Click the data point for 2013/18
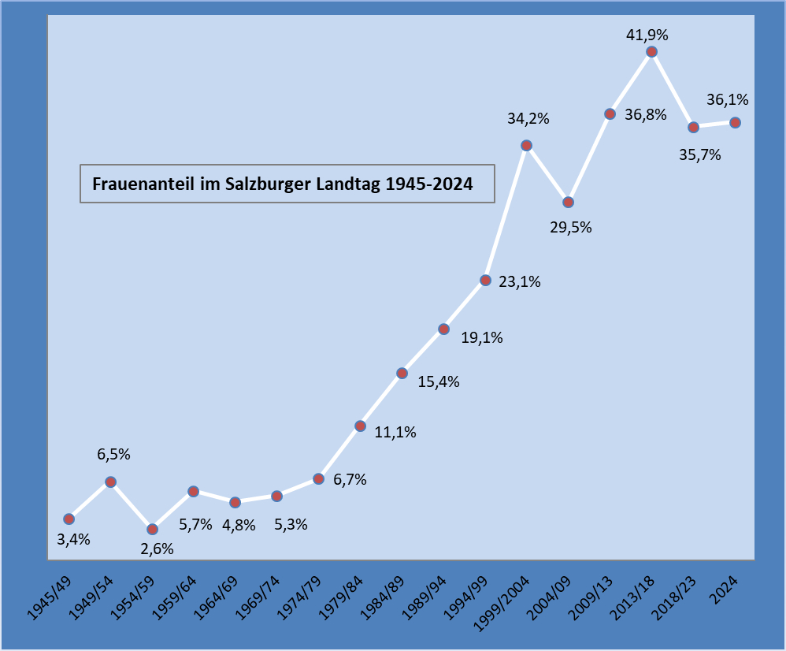tap(651, 52)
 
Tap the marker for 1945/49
tap(69, 519)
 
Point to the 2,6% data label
tap(157, 549)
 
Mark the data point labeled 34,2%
tap(526, 145)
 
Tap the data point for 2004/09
tap(568, 202)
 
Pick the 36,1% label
tap(728, 100)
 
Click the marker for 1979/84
tap(360, 426)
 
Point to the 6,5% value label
tap(113, 454)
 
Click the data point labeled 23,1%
tap(485, 280)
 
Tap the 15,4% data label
tap(439, 382)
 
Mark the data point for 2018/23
tap(693, 127)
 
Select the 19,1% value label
tap(482, 338)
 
